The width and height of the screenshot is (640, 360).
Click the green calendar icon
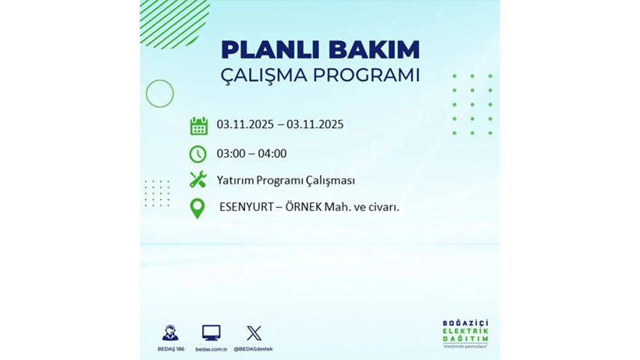tap(198, 126)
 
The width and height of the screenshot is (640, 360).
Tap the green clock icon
tap(198, 154)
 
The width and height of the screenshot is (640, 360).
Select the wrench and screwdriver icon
tap(198, 180)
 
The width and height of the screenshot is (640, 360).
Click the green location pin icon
tap(197, 208)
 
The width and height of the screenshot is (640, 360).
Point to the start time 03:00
tap(232, 154)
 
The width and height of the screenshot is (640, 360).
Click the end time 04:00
tap(272, 154)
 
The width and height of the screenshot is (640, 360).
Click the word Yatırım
tap(234, 180)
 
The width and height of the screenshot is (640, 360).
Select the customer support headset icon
tap(170, 333)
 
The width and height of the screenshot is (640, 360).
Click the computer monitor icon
tap(211, 333)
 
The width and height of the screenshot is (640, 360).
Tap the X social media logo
tap(254, 333)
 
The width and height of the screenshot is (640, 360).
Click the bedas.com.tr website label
tap(211, 349)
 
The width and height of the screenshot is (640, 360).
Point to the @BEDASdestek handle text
tap(254, 349)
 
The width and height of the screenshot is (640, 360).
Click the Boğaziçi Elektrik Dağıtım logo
tap(465, 334)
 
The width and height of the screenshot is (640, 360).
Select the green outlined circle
tap(160, 94)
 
